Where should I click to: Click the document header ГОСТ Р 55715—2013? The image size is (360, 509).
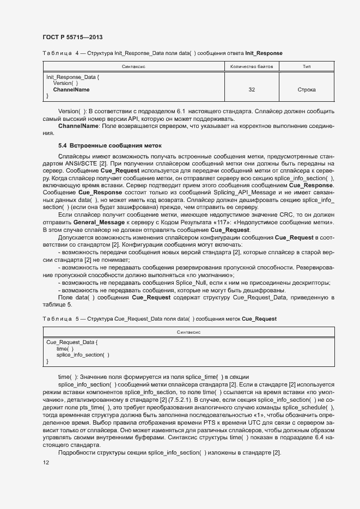tap(72, 37)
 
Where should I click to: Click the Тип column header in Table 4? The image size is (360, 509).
tap(307, 66)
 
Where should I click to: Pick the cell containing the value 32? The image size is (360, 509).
tap(251, 89)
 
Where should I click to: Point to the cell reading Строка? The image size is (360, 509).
tap(307, 89)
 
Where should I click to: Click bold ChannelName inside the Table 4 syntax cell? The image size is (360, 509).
tap(71, 89)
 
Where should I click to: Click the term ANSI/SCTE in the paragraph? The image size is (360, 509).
tap(80, 163)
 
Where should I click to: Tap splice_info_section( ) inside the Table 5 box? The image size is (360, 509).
tap(82, 355)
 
